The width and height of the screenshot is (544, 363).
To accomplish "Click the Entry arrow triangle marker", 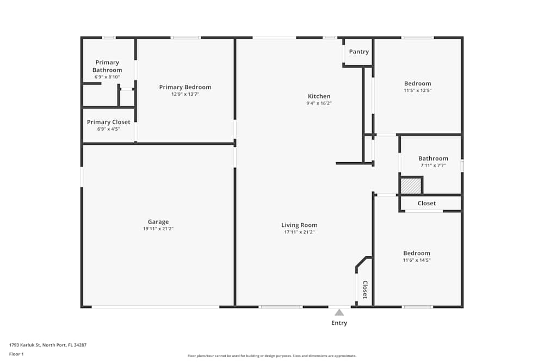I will pos(339,312).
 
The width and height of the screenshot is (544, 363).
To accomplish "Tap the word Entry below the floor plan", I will pos(339,323).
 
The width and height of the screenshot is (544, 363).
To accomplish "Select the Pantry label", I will pos(358,52).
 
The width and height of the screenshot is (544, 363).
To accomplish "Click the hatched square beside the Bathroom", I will pos(411,186).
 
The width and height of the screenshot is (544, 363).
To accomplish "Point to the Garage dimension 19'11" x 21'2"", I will pos(158,229).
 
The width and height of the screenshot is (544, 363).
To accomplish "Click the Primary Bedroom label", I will pos(185,87).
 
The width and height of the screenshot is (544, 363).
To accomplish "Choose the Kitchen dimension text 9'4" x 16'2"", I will pos(319,103).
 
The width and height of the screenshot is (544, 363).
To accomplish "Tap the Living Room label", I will pos(299,225).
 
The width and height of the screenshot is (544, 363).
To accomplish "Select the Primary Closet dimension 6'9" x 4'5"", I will pos(108,129).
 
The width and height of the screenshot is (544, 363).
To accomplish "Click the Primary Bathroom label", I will pos(107,66).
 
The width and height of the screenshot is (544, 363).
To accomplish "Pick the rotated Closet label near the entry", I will pos(365,290).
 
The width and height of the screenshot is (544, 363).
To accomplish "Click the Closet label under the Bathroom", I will pos(426,203).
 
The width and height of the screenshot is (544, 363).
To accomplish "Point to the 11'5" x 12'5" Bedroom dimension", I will pos(417,90).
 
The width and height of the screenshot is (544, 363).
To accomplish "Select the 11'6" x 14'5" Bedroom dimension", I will pos(417,260).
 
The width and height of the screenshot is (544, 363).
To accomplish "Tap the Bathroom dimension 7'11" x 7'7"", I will pos(433,165).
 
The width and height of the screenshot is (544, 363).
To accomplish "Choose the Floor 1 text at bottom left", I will pos(16,354).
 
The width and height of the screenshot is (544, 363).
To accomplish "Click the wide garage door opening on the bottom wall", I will pos(156,307).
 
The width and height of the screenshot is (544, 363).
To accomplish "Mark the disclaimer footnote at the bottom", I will pos(272,355).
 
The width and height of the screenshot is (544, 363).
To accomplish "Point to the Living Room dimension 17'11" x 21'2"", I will pos(299,232).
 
